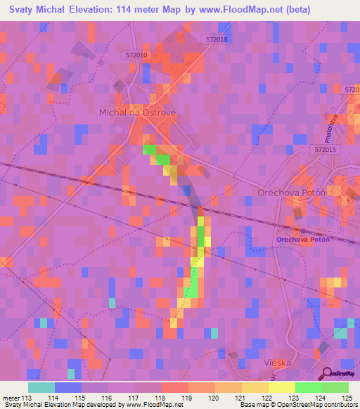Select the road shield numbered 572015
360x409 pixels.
[326, 150]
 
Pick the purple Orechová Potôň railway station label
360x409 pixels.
[303, 239]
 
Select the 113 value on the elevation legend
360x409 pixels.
[28, 398]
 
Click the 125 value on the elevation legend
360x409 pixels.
[347, 398]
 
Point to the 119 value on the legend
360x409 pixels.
[188, 398]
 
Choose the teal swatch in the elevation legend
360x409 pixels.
[41, 387]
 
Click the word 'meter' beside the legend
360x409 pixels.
[11, 398]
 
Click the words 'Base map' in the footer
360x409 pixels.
[252, 405]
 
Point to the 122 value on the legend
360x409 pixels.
[267, 398]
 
